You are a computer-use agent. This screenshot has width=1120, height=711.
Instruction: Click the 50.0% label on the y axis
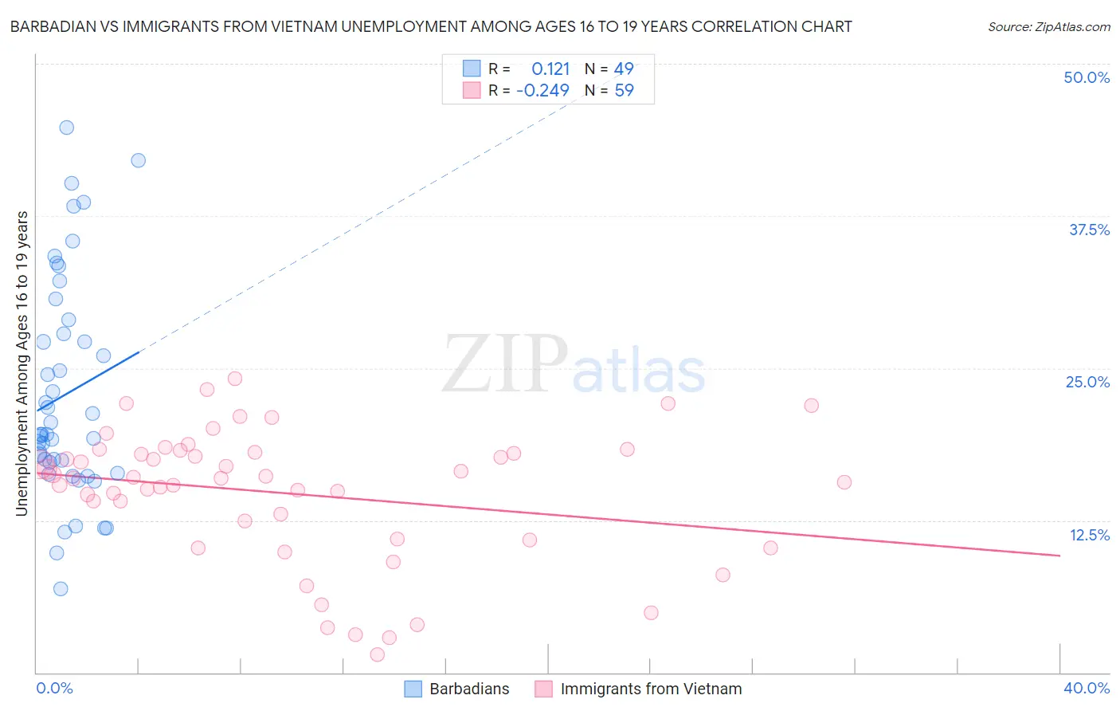tap(1087, 77)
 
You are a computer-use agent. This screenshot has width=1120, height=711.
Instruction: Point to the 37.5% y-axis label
tap(1089, 230)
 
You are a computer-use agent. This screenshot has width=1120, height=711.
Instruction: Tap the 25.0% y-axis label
tap(1087, 382)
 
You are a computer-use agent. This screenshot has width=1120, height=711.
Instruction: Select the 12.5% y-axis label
tap(1089, 535)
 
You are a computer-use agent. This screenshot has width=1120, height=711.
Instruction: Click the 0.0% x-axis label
tap(54, 688)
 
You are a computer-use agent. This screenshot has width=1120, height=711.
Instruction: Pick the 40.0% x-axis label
tap(1086, 688)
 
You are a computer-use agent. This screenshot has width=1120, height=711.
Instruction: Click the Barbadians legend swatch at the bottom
tap(413, 689)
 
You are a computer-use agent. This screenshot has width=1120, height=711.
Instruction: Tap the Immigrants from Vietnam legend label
tap(651, 689)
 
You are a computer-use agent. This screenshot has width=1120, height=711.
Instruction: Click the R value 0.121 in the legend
tap(550, 69)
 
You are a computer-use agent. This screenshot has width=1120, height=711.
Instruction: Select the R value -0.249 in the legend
tap(542, 91)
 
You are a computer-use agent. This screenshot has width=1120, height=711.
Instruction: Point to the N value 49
tap(624, 69)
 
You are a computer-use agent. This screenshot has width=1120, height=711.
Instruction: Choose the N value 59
tap(624, 91)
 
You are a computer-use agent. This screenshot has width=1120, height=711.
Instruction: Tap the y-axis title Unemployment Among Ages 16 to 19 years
tap(22, 363)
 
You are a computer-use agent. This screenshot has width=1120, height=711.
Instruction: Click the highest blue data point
tap(67, 128)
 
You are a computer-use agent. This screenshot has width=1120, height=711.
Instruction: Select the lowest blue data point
tap(61, 589)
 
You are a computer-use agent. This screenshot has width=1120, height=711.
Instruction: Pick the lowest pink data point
tap(378, 654)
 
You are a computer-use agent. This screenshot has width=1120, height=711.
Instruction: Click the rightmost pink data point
tap(844, 482)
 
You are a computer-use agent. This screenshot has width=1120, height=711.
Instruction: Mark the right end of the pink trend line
tap(1060, 555)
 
